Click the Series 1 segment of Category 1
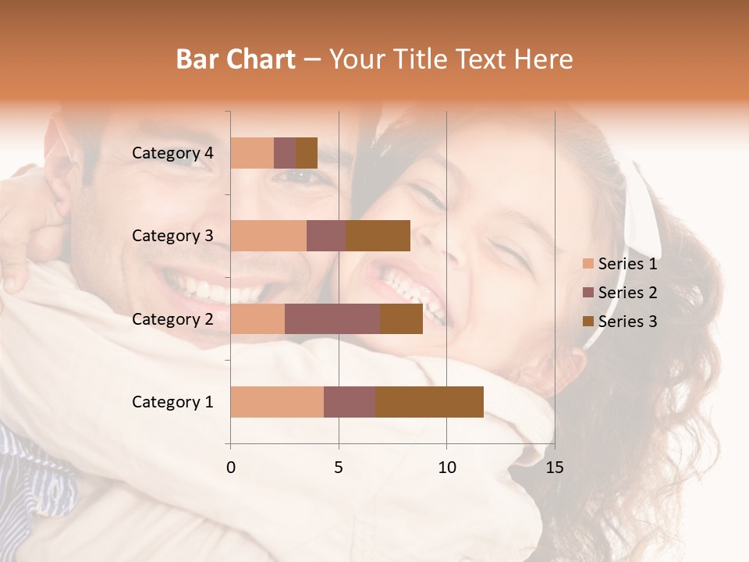pyautogui.click(x=277, y=402)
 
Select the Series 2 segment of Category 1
pyautogui.click(x=350, y=402)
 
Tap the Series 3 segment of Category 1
pyautogui.click(x=429, y=402)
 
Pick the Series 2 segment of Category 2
pyautogui.click(x=332, y=319)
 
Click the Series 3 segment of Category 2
pyautogui.click(x=401, y=319)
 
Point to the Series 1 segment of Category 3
pyautogui.click(x=268, y=236)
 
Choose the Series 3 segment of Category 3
pyautogui.click(x=378, y=236)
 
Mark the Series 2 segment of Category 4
pyautogui.click(x=285, y=153)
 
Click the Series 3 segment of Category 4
pyautogui.click(x=307, y=153)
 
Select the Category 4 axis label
pyautogui.click(x=172, y=153)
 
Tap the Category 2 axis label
pyautogui.click(x=172, y=319)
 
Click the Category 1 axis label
pyautogui.click(x=172, y=402)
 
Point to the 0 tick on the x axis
pyautogui.click(x=231, y=468)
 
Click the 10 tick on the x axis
pyautogui.click(x=446, y=468)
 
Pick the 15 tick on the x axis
pyautogui.click(x=555, y=468)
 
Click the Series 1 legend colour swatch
pyautogui.click(x=588, y=264)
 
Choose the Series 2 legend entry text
pyautogui.click(x=627, y=293)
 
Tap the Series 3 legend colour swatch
pyautogui.click(x=588, y=322)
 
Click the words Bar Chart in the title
pyautogui.click(x=236, y=59)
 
